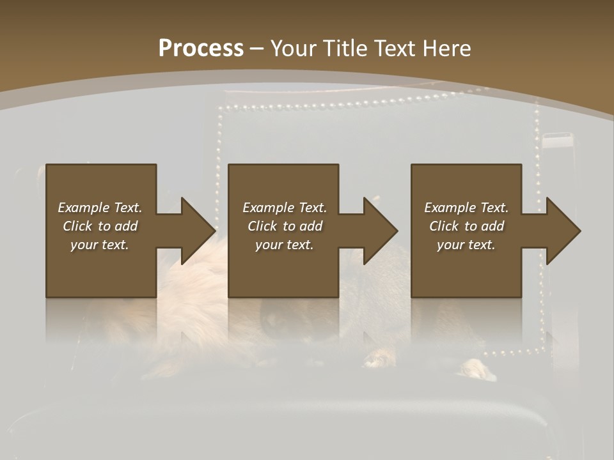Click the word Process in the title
pyautogui.click(x=201, y=49)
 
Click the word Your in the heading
pyautogui.click(x=292, y=49)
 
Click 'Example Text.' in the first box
pyautogui.click(x=100, y=208)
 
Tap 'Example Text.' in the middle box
pyautogui.click(x=284, y=208)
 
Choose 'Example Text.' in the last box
pyautogui.click(x=466, y=208)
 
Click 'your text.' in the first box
pyautogui.click(x=100, y=245)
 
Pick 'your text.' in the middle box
pyautogui.click(x=284, y=245)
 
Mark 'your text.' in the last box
pyautogui.click(x=466, y=245)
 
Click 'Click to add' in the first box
pyautogui.click(x=100, y=226)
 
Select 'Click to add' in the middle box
pyautogui.click(x=284, y=226)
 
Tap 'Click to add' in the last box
pyautogui.click(x=466, y=226)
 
